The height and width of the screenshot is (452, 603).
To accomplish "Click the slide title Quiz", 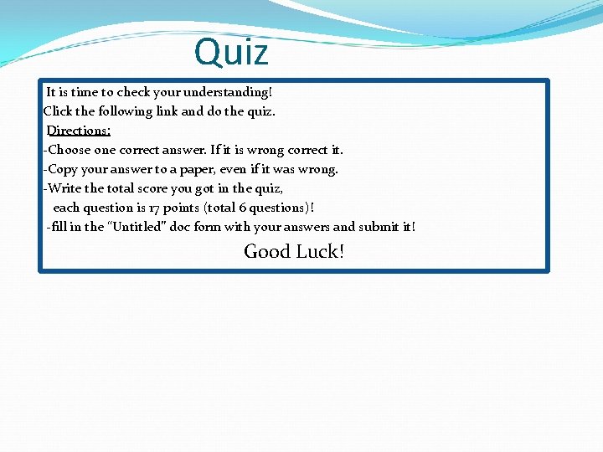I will pyautogui.click(x=231, y=53).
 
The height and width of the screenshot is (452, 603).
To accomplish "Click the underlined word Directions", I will pyautogui.click(x=79, y=131).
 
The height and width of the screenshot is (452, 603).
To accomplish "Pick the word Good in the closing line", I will pyautogui.click(x=266, y=251).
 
